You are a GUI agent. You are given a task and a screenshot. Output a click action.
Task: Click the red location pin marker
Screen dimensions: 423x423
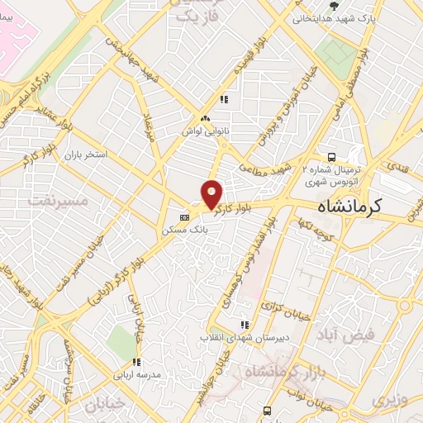(x=212, y=193)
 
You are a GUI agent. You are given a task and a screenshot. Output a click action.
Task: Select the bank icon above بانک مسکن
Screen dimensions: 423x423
(x=184, y=217)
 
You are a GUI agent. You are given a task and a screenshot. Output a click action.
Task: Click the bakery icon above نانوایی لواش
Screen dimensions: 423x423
(x=204, y=119)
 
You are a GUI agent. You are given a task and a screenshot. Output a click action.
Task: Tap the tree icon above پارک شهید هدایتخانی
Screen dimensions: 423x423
(x=333, y=5)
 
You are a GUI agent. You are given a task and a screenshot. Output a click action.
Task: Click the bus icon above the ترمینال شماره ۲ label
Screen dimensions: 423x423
(x=331, y=157)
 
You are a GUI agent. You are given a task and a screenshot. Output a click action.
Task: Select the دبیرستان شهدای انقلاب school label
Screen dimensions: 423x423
(x=243, y=336)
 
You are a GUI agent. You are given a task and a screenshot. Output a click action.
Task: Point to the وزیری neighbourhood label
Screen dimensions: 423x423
(x=389, y=402)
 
